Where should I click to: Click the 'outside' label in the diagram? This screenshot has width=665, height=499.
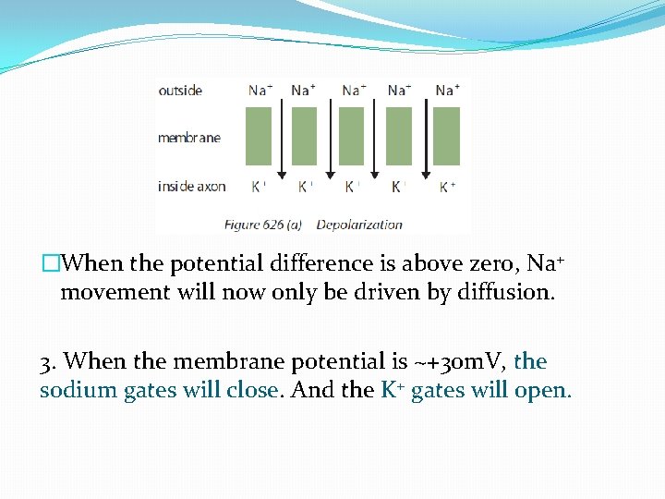click(x=180, y=91)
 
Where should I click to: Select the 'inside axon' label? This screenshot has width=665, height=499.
click(x=192, y=186)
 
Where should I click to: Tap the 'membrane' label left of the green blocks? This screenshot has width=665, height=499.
click(x=189, y=138)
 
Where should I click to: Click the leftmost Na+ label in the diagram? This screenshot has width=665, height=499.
click(x=260, y=91)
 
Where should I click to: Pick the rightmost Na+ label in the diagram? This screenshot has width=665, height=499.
click(x=447, y=91)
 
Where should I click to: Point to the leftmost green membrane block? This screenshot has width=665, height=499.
click(x=259, y=136)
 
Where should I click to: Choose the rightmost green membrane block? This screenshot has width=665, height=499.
click(x=446, y=136)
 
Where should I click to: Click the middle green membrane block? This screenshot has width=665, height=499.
click(x=352, y=136)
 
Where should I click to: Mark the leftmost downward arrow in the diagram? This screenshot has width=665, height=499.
click(x=281, y=139)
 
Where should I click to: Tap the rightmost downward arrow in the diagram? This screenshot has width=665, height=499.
click(x=425, y=139)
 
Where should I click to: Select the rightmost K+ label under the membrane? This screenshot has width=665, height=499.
click(x=447, y=186)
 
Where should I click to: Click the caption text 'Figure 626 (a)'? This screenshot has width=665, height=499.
click(x=266, y=224)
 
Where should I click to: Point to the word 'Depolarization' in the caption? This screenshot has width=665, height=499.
click(x=359, y=224)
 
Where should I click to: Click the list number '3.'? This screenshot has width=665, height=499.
click(x=49, y=361)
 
